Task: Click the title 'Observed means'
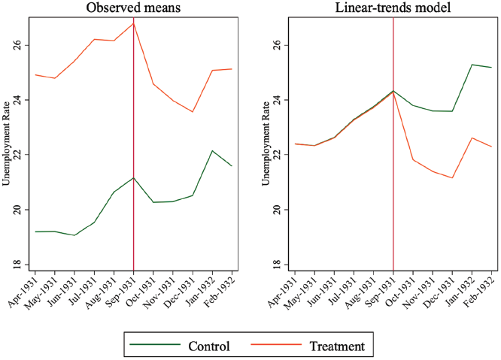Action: click(133, 8)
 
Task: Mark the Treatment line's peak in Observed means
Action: click(133, 23)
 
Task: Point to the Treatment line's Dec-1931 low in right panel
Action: click(452, 178)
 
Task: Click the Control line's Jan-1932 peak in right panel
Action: click(472, 65)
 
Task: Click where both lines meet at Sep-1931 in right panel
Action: click(393, 91)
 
